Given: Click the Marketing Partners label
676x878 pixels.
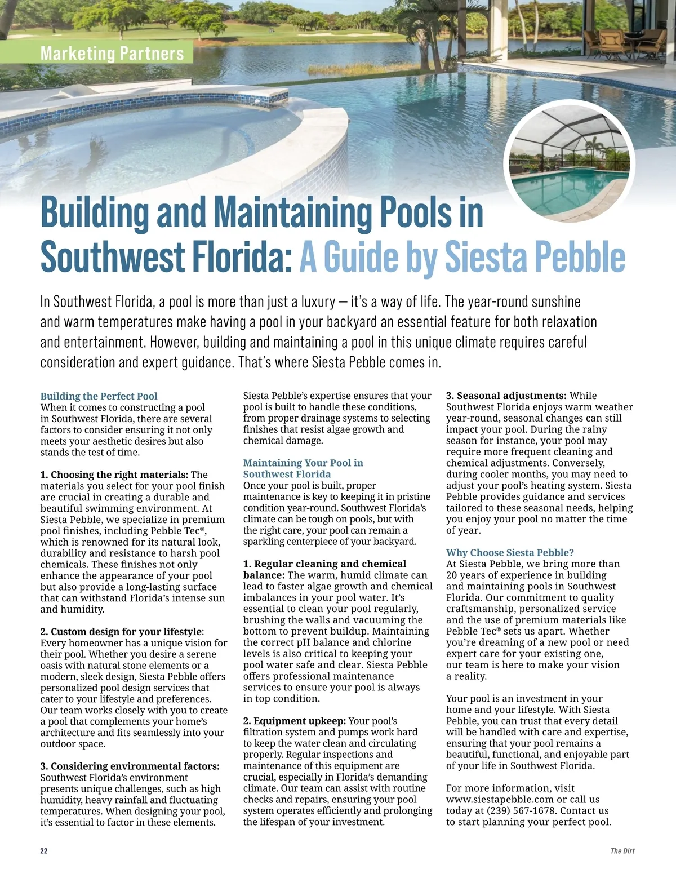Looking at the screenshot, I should click(x=112, y=54).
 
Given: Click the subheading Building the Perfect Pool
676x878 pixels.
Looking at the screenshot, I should click(x=99, y=396).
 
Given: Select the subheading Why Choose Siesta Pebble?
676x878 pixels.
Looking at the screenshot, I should click(x=510, y=553).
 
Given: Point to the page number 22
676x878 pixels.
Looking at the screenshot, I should click(x=44, y=851).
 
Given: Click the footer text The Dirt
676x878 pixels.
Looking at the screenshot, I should click(x=622, y=851).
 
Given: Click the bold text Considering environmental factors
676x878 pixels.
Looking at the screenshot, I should click(x=135, y=766).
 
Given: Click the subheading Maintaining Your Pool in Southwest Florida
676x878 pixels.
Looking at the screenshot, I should click(x=303, y=468).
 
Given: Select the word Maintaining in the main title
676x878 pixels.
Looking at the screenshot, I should click(x=292, y=212).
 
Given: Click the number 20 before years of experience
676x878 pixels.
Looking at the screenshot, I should click(x=452, y=575).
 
